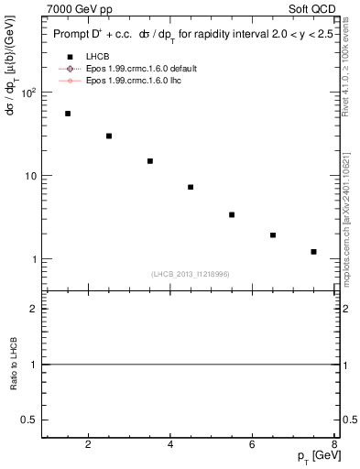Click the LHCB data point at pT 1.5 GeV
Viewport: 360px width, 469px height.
pyautogui.click(x=68, y=114)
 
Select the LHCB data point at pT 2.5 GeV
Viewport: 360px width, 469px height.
pyautogui.click(x=109, y=136)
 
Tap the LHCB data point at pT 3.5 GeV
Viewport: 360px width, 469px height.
pyautogui.click(x=150, y=161)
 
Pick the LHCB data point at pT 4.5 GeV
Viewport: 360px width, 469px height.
pyautogui.click(x=191, y=187)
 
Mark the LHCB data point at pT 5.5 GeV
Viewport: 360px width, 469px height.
pyautogui.click(x=232, y=214)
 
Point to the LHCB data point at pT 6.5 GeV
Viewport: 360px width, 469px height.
pyautogui.click(x=273, y=235)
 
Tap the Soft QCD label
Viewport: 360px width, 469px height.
pyautogui.click(x=311, y=8)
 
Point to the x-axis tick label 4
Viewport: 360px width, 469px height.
pyautogui.click(x=170, y=446)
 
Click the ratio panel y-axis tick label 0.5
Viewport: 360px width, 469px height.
pyautogui.click(x=32, y=420)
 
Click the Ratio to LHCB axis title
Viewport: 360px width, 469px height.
pyautogui.click(x=14, y=365)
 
